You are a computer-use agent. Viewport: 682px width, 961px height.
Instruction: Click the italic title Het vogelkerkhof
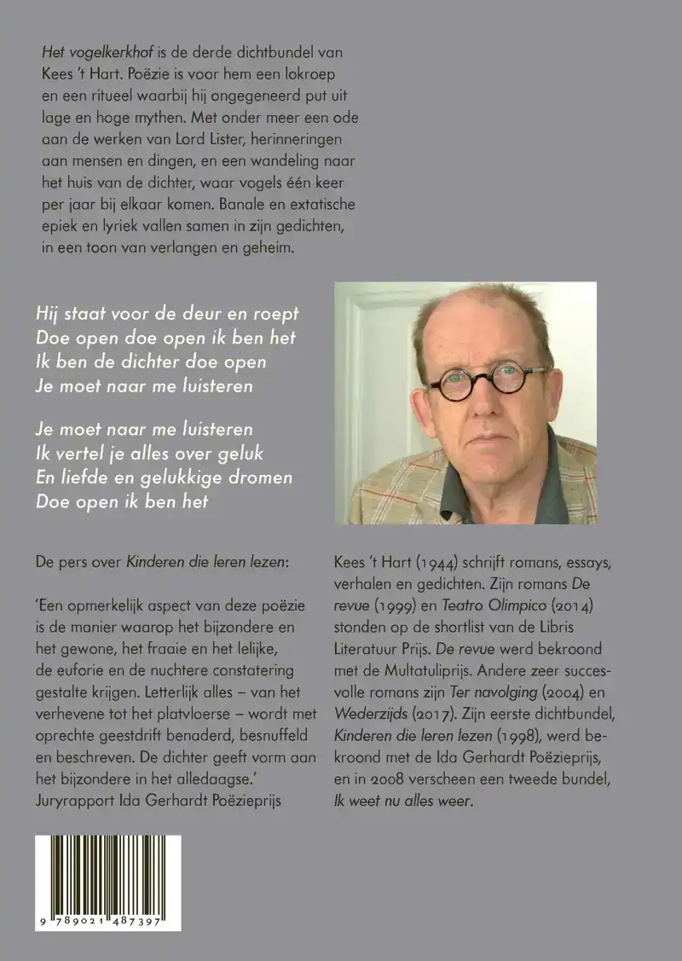[x=91, y=52]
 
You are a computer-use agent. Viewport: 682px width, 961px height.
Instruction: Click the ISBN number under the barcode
[x=108, y=923]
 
